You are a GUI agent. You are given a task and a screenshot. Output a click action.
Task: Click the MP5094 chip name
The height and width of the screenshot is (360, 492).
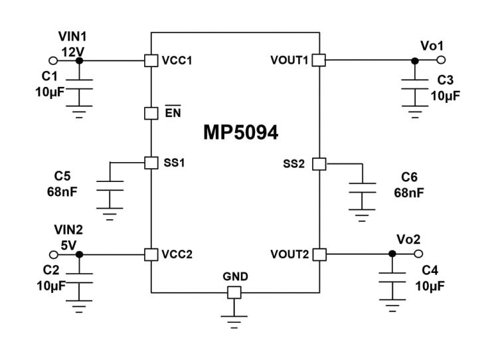pyautogui.click(x=240, y=133)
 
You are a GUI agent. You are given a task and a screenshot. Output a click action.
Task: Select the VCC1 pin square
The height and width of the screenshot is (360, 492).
pyautogui.click(x=151, y=60)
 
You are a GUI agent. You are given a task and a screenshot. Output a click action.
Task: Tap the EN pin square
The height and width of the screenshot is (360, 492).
pyautogui.click(x=151, y=112)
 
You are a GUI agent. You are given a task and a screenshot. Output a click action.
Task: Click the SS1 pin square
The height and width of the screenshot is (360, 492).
pyautogui.click(x=151, y=162)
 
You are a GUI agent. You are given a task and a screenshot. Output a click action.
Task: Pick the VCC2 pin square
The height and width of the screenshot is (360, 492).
pyautogui.click(x=151, y=254)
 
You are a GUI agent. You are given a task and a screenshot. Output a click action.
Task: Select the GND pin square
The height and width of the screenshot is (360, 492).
pyautogui.click(x=234, y=292)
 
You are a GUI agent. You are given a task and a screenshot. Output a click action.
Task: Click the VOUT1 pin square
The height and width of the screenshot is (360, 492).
pyautogui.click(x=319, y=60)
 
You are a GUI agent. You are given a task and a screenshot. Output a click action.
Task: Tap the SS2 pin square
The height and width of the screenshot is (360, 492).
pyautogui.click(x=319, y=163)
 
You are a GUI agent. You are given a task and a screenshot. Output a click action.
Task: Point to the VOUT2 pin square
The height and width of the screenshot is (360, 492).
pyautogui.click(x=319, y=254)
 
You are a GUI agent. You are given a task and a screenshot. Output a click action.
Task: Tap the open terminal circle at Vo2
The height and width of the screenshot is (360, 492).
pyautogui.click(x=418, y=254)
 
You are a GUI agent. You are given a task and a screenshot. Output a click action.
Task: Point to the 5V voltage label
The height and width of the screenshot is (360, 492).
pyautogui.click(x=68, y=244)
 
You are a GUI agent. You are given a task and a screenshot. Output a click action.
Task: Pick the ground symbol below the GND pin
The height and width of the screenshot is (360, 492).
pyautogui.click(x=234, y=321)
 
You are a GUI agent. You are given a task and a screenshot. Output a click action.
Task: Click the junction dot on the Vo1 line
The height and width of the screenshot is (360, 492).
pyautogui.click(x=415, y=60)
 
